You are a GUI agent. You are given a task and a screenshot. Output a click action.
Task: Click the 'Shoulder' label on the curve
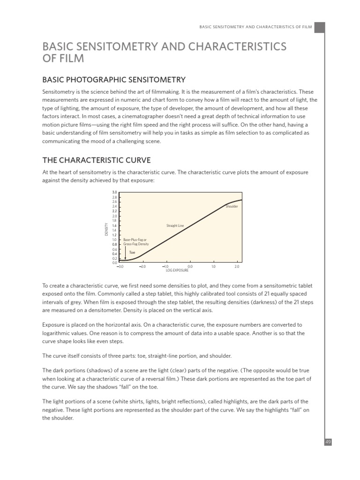[232, 206]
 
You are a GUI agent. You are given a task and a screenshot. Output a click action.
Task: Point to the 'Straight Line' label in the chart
[175, 226]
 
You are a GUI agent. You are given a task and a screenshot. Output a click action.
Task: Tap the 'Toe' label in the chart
[132, 252]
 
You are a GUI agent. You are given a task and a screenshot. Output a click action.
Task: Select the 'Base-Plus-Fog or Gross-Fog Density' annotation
[136, 242]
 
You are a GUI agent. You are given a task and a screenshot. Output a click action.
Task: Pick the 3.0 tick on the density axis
[114, 192]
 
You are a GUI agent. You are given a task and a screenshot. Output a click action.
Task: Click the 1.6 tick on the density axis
[114, 225]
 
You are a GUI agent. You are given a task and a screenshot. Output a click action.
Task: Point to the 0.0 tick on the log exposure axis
[190, 266]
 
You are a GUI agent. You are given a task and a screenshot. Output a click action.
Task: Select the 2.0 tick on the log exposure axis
[237, 266]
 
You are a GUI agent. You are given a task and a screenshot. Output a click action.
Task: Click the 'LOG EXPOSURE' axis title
[177, 270]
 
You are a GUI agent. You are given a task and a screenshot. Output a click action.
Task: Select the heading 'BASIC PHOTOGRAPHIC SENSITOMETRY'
[114, 80]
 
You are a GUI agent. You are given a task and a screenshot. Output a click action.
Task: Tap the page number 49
[328, 441]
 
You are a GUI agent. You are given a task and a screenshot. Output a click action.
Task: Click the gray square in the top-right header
[320, 28]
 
